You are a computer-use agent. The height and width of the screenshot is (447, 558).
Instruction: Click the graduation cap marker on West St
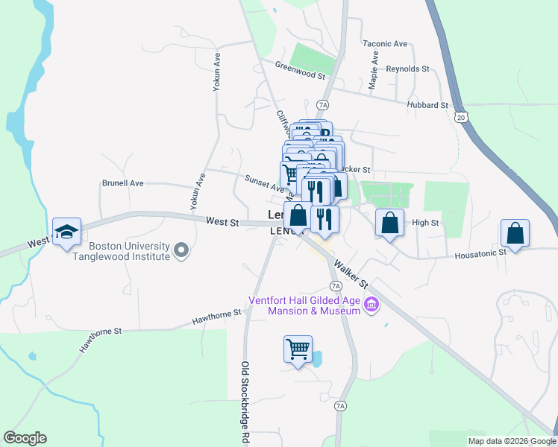(66, 232)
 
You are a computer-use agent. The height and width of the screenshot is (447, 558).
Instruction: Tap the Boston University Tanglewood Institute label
(130, 251)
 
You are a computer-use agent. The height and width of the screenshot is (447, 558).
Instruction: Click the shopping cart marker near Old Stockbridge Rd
(298, 349)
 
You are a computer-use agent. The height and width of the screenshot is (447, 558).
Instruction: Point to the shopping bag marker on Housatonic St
(515, 233)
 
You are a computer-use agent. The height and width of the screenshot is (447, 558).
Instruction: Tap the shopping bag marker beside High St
(389, 222)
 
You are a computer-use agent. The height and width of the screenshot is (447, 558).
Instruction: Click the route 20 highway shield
(460, 117)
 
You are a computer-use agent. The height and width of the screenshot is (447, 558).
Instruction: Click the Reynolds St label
(407, 69)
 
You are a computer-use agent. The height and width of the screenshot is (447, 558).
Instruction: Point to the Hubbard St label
(427, 105)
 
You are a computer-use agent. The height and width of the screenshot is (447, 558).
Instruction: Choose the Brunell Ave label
(122, 183)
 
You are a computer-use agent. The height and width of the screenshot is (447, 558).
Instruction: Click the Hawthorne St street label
(216, 317)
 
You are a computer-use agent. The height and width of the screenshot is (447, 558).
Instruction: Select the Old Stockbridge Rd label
(244, 402)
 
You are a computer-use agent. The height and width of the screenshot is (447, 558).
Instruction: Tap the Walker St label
(352, 273)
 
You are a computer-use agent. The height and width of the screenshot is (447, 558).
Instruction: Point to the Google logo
(25, 438)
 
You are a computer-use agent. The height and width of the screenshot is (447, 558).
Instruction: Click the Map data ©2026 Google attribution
(512, 441)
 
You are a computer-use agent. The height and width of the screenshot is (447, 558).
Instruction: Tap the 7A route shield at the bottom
(340, 406)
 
